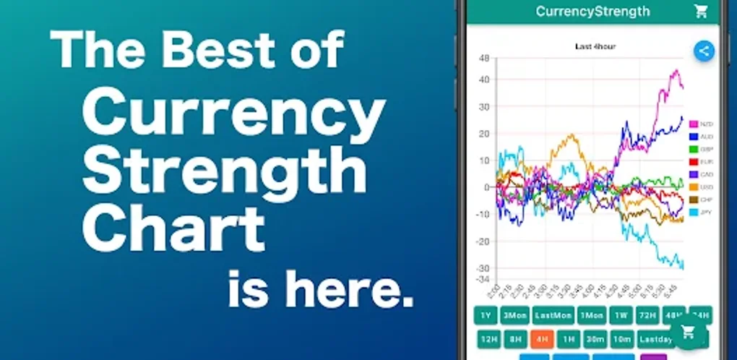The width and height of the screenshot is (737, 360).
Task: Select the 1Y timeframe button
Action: [x=486, y=316]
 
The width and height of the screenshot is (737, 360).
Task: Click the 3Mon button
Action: [x=514, y=316]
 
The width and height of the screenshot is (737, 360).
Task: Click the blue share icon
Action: [x=704, y=51]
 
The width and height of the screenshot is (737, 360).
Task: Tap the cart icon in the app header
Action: [x=700, y=11]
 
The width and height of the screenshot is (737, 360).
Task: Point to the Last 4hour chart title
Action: [x=595, y=47]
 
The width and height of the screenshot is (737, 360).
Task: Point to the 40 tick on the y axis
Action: [x=485, y=80]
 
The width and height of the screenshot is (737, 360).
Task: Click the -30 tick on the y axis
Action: [x=483, y=267]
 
